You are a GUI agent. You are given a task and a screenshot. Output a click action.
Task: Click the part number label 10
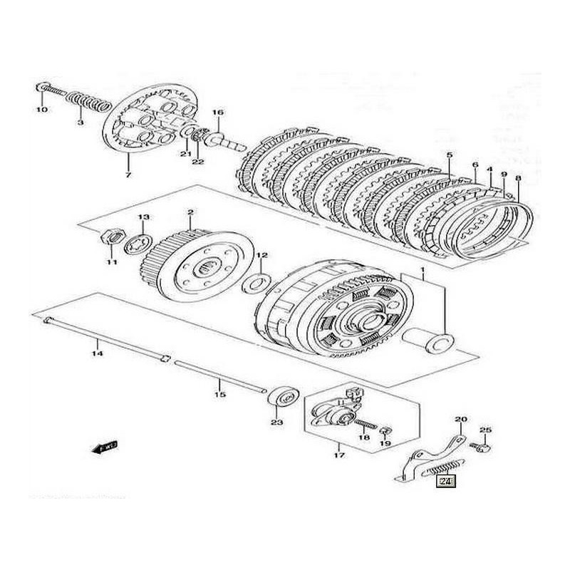[41, 110]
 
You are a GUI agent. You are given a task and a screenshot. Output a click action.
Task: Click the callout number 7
[128, 175]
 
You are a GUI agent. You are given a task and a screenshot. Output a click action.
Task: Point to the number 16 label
[217, 113]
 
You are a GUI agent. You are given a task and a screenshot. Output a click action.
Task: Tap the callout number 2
[190, 212]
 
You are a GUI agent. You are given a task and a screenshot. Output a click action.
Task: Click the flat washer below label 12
[254, 284]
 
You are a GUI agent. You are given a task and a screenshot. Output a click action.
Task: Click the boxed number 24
[446, 482]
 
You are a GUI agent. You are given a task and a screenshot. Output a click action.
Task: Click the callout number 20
[460, 420]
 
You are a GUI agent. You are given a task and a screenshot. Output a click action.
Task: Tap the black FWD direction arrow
[106, 447]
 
